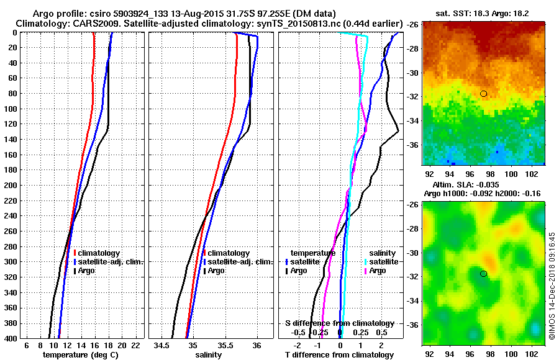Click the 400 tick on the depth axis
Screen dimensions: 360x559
tap(12, 338)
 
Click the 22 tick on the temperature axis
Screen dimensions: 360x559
tap(136, 344)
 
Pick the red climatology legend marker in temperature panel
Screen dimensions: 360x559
tap(74, 253)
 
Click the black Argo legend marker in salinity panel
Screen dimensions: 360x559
tap(204, 271)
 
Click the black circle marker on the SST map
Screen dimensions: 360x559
tap(484, 94)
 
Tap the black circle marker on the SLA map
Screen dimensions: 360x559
tap(483, 274)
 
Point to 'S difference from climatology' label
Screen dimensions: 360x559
tap(339, 323)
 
